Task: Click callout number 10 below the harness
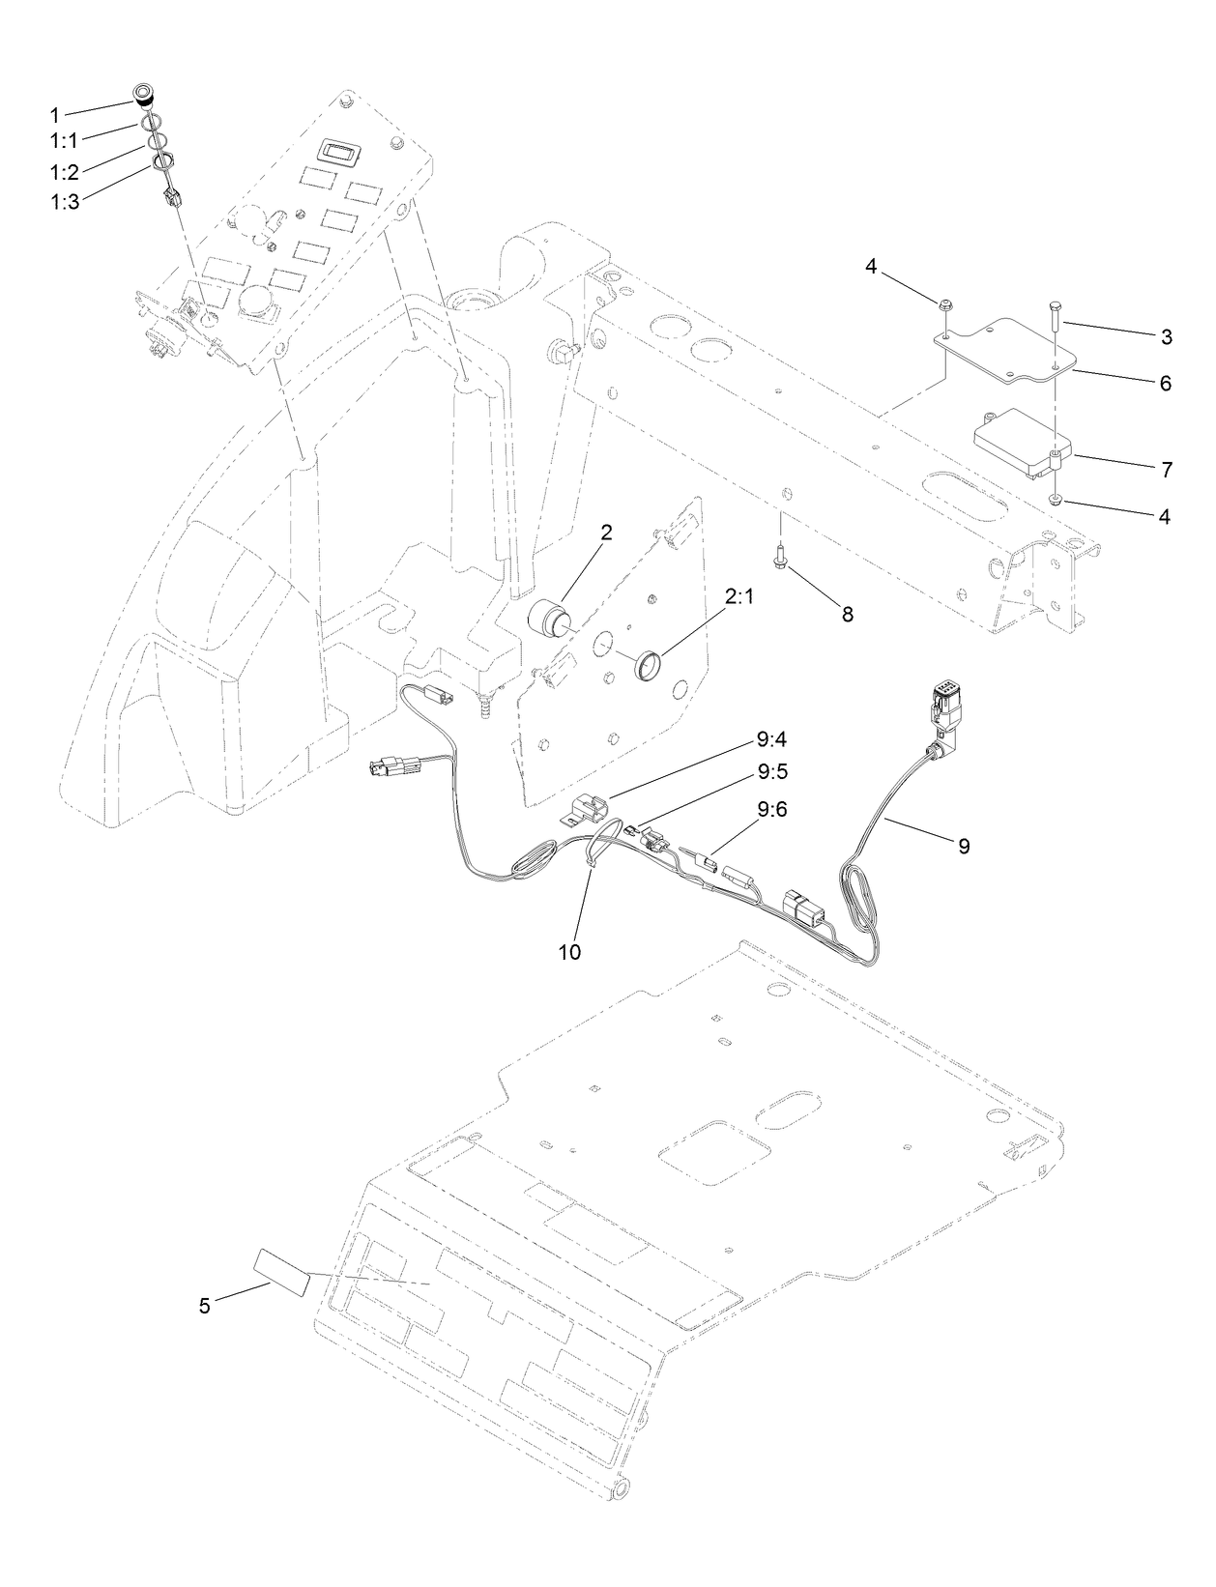point(569,952)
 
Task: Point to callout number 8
point(847,614)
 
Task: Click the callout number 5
point(204,1306)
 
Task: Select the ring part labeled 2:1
point(650,666)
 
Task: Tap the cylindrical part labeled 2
point(548,617)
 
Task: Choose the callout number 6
point(1165,383)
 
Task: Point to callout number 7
point(1167,470)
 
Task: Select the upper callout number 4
point(871,267)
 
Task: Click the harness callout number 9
point(963,846)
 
